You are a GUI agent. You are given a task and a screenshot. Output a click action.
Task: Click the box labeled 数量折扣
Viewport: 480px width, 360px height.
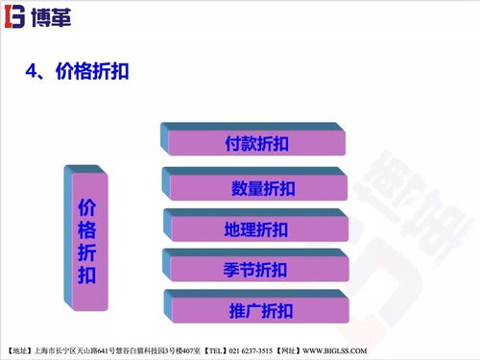[257, 186]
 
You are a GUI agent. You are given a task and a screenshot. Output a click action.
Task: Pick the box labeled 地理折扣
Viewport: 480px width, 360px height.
[256, 228]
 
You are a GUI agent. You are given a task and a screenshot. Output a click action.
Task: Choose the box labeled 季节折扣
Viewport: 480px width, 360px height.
[256, 270]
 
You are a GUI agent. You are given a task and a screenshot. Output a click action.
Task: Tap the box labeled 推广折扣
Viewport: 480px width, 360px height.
[259, 311]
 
